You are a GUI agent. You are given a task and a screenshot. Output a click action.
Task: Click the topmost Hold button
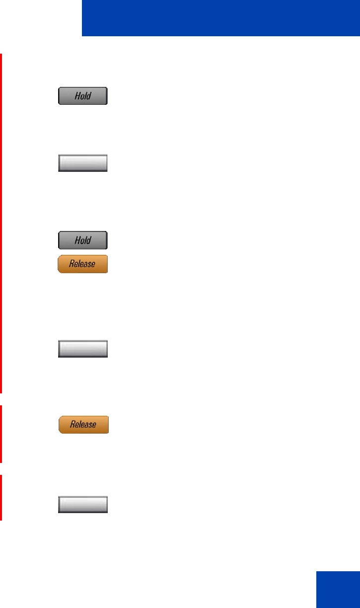point(83,96)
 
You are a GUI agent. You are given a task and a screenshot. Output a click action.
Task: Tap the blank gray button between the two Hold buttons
point(83,163)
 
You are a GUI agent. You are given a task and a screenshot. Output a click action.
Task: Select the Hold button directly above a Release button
point(83,240)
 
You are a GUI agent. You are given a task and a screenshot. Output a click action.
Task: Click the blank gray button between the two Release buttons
point(83,349)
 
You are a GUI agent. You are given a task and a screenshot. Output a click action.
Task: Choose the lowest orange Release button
point(83,425)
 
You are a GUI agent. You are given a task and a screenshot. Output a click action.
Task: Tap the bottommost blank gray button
point(83,505)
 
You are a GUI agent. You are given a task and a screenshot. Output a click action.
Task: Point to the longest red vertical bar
point(1,224)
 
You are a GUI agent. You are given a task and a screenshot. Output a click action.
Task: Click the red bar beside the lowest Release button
point(1,434)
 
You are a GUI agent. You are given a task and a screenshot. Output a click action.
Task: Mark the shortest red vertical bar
point(1,497)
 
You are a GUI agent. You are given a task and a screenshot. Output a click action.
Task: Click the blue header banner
point(220,18)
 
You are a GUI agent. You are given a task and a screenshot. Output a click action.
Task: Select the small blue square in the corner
point(337,589)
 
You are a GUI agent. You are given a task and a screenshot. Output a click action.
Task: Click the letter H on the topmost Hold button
point(77,96)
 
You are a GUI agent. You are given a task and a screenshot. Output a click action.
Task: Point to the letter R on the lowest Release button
point(72,425)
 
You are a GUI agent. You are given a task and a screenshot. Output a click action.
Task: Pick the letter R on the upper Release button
point(72,264)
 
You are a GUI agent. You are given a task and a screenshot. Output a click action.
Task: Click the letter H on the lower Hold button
point(77,240)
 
